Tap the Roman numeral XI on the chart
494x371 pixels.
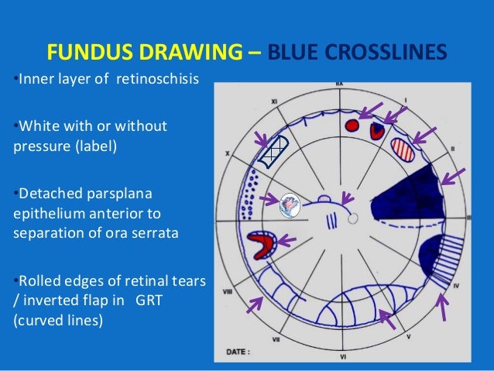click(x=274, y=101)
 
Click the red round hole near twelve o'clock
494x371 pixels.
click(x=352, y=124)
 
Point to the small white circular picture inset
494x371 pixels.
click(x=290, y=204)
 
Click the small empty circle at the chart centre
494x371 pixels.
click(x=353, y=219)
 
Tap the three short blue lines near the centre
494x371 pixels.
click(x=331, y=219)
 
